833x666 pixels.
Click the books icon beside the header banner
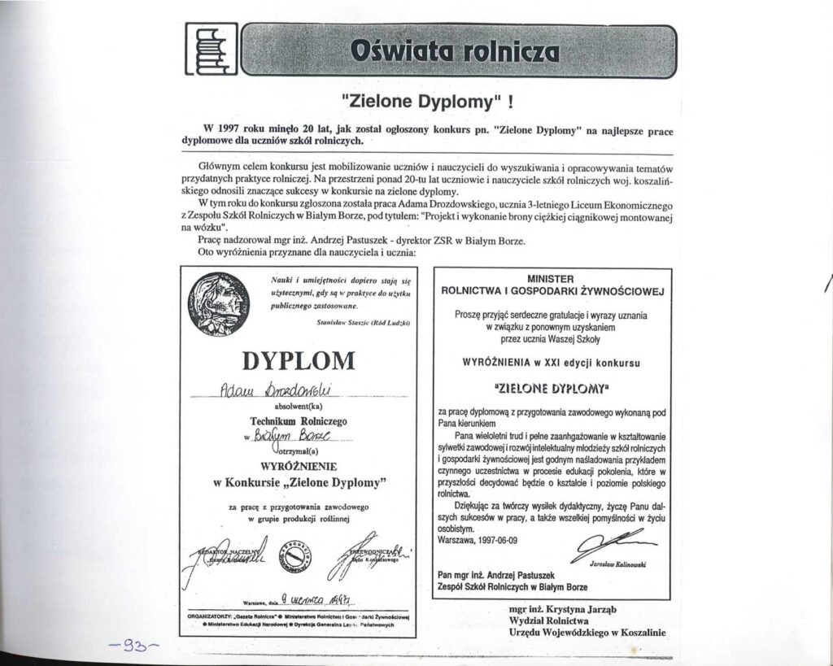click(211, 50)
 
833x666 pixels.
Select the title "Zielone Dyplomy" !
click(428, 103)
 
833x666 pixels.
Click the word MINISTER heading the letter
click(552, 277)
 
